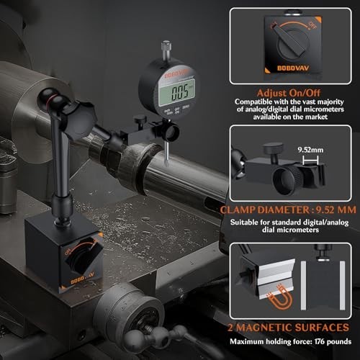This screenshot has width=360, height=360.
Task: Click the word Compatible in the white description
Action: pos(253,102)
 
